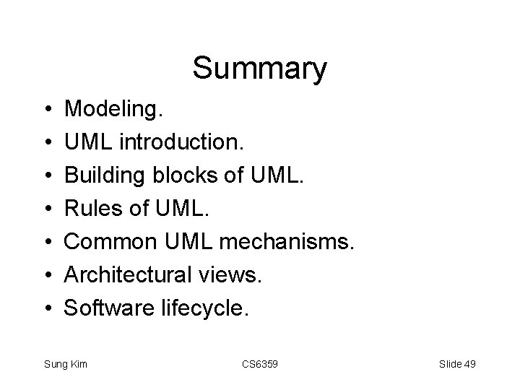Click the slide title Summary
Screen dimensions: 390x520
coord(259,69)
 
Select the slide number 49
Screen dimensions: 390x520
coord(469,364)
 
